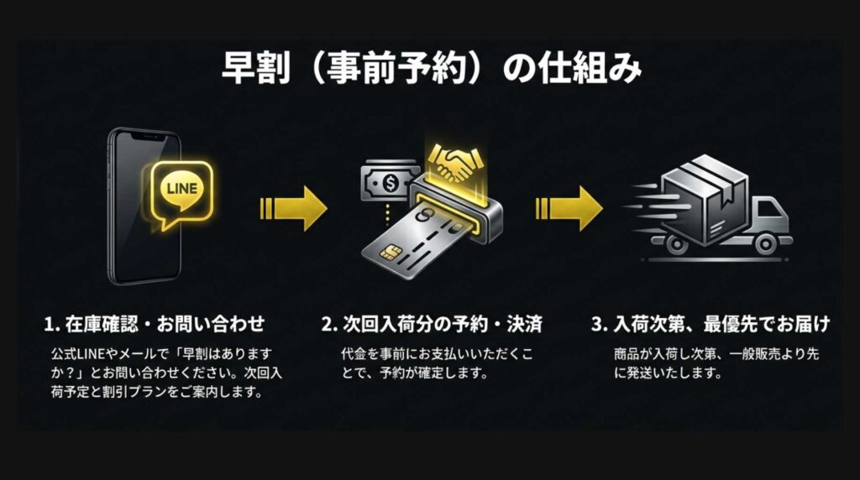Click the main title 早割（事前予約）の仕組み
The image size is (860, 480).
click(x=431, y=69)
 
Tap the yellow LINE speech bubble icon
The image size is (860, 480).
click(x=181, y=193)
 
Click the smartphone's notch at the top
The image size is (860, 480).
click(x=146, y=136)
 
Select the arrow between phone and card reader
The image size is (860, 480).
click(x=294, y=208)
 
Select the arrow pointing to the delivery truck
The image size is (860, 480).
click(x=569, y=208)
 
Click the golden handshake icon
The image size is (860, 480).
click(x=456, y=162)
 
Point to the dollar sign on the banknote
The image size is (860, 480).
click(x=391, y=183)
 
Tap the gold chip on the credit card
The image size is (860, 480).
click(x=390, y=252)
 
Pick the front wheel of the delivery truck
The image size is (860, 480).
click(x=765, y=244)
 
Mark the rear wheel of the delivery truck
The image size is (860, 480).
click(x=676, y=244)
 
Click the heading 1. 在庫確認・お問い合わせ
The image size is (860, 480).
click(x=155, y=324)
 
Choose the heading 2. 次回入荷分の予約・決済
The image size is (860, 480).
click(x=432, y=324)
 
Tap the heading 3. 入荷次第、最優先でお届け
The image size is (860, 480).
click(x=711, y=324)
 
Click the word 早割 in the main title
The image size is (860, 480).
click(x=255, y=69)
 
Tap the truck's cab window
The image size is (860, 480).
click(x=768, y=209)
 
